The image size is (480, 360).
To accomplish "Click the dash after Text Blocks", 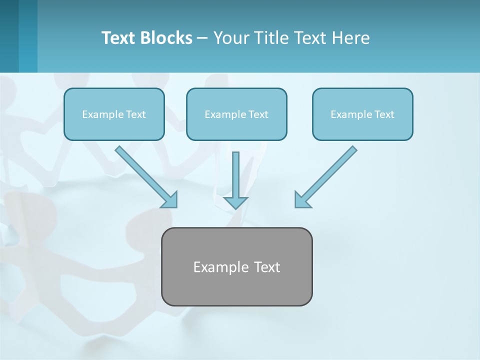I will (x=202, y=38).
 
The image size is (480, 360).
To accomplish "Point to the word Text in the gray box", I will (x=267, y=267).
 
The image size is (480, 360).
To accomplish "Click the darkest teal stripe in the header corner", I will (x=9, y=36).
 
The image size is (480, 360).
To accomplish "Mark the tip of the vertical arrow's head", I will (x=235, y=208).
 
